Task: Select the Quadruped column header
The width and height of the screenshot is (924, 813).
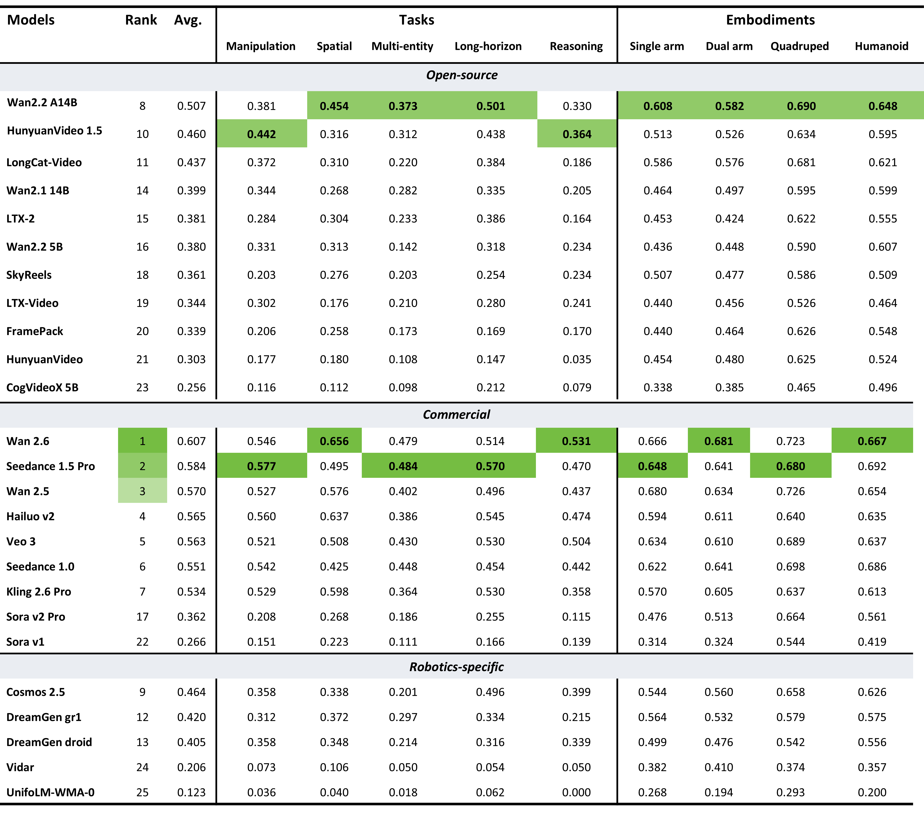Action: (800, 46)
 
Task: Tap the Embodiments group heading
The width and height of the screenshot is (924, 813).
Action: (770, 20)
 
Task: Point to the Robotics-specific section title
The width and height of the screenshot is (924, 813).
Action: (457, 667)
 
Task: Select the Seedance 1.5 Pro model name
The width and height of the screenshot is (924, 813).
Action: (51, 466)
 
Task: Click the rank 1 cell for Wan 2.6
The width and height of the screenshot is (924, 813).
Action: (142, 441)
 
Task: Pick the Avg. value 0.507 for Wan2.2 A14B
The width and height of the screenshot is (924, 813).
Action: (191, 106)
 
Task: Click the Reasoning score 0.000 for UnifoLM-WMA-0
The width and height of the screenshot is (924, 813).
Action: (576, 793)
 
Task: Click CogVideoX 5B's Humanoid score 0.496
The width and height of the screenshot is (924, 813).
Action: (882, 388)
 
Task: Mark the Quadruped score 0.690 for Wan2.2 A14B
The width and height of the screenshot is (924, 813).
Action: (801, 106)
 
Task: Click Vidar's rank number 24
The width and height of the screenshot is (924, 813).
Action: (142, 767)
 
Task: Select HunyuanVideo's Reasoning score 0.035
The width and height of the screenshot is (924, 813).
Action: (577, 360)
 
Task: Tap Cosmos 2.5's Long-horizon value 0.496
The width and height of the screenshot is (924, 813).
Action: (490, 692)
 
